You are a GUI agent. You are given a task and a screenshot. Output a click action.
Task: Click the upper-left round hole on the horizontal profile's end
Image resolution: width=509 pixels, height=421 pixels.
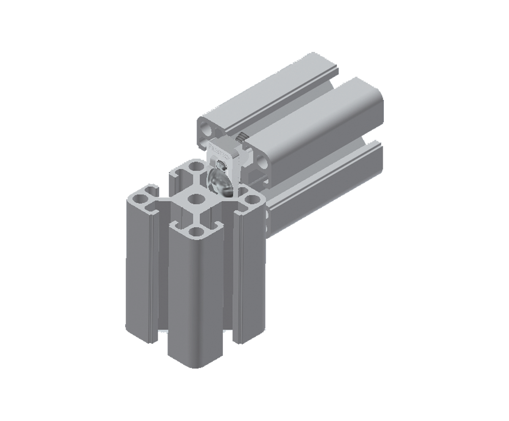[206, 129]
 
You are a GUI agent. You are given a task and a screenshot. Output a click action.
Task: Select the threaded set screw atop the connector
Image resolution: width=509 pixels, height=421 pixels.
[241, 135]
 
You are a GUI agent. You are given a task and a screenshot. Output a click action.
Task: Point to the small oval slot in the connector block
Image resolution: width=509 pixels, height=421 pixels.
[222, 165]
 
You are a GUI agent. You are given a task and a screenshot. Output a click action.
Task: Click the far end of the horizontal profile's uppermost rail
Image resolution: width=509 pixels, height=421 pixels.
[318, 59]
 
